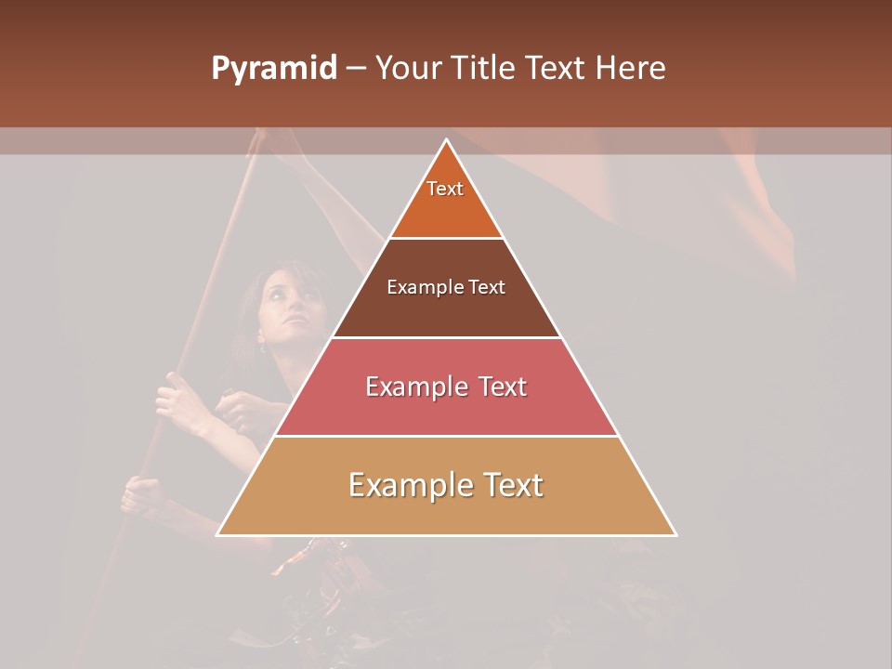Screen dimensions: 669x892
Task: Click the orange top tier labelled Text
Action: coord(446,200)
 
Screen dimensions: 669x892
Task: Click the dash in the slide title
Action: coord(356,69)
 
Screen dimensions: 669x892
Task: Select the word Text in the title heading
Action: coord(557,68)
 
